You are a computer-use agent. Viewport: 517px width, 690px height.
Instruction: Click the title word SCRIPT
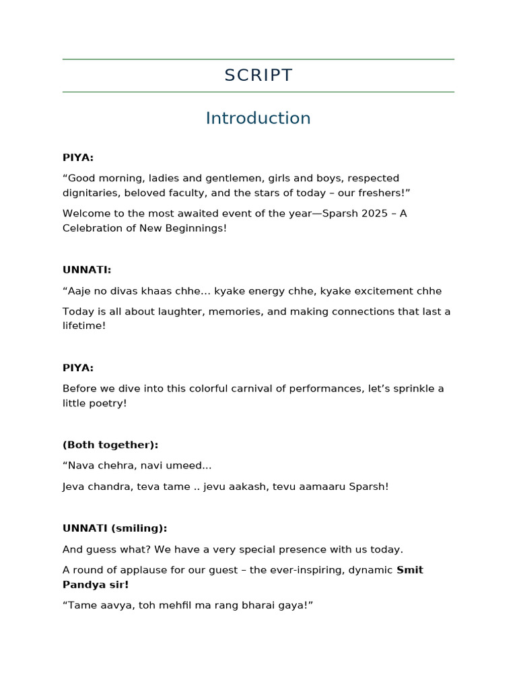(258, 75)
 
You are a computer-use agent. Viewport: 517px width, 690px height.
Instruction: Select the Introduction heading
(258, 118)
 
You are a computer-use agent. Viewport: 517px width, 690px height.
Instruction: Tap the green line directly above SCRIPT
(258, 59)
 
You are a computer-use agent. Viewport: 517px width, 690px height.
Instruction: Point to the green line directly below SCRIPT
(258, 92)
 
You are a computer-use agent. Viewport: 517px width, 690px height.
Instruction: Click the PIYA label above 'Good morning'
(78, 158)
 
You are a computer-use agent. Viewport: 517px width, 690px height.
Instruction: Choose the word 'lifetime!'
(84, 325)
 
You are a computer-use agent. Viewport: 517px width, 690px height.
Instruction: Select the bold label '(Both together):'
(110, 445)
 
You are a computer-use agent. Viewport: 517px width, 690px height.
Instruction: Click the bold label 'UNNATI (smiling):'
(114, 528)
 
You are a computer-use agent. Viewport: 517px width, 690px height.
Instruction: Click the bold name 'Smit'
(410, 570)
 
